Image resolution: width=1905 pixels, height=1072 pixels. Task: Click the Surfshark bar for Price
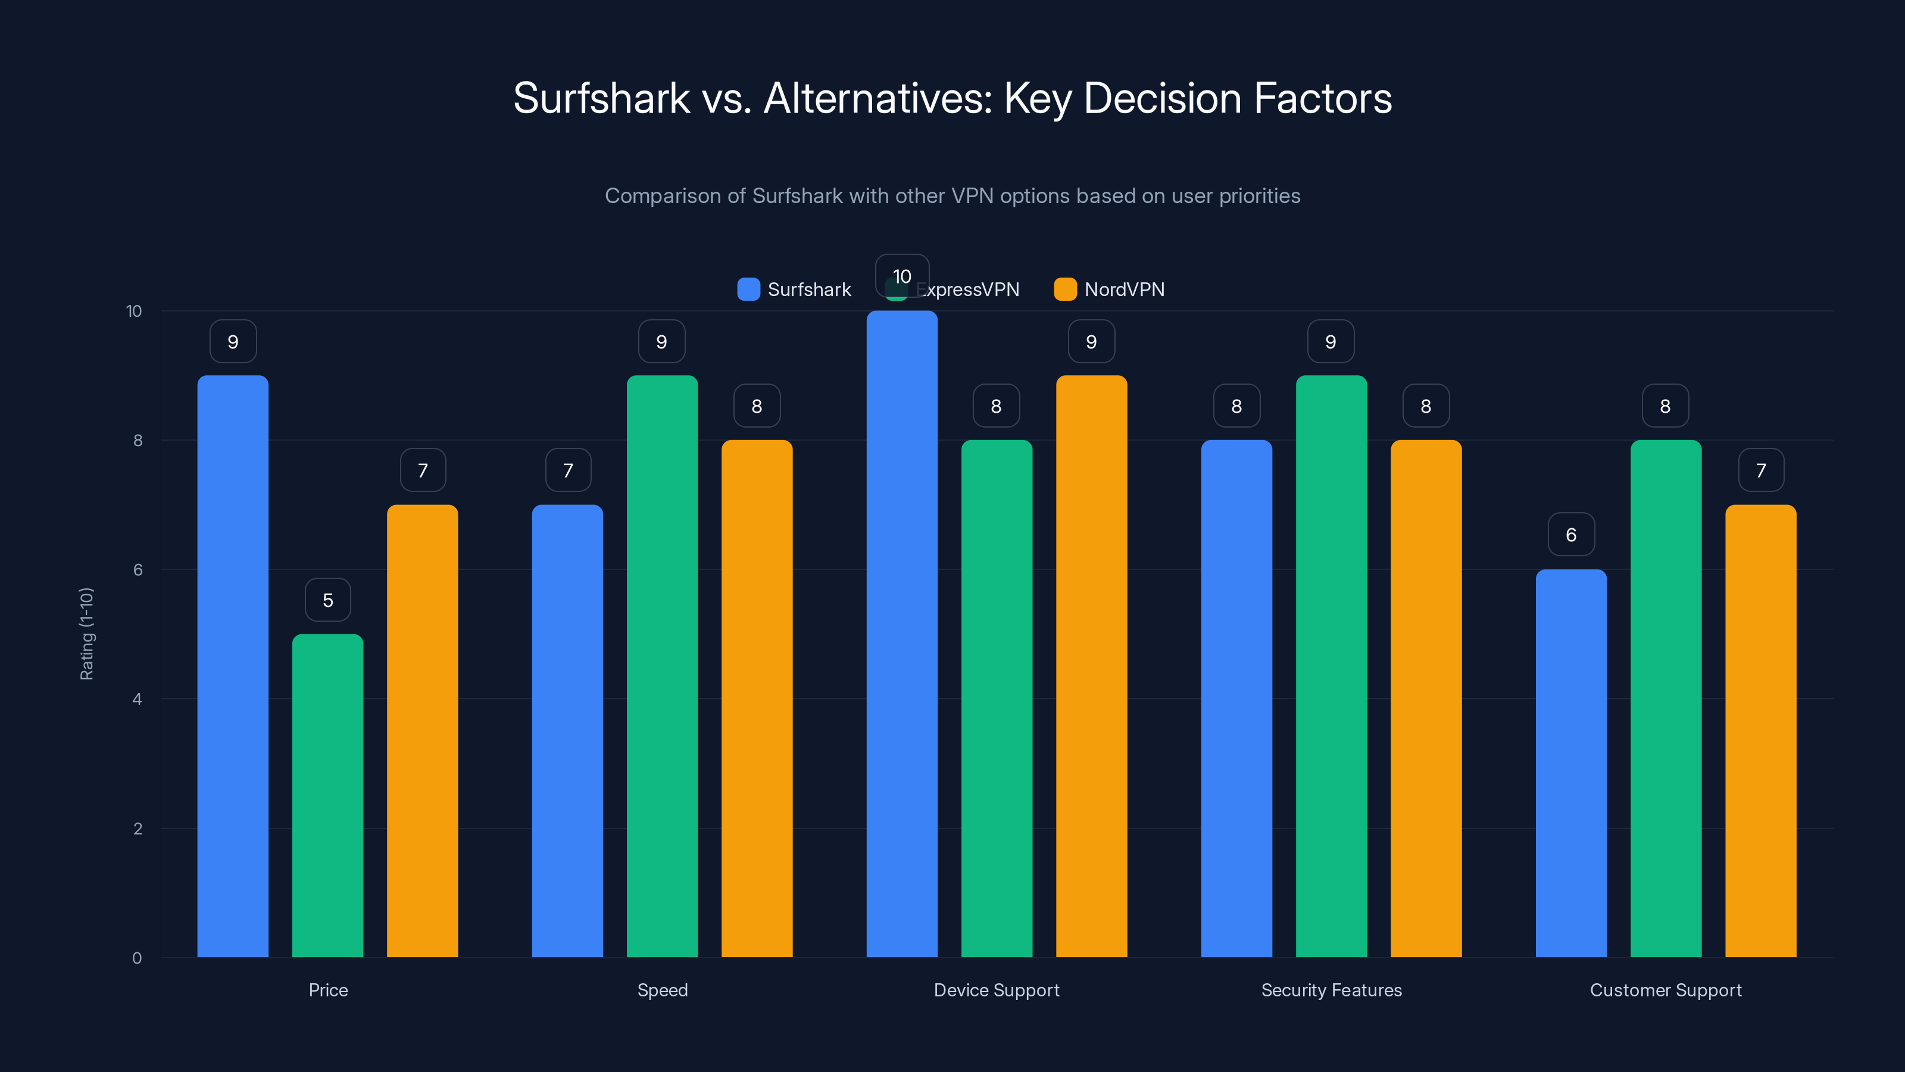(x=233, y=666)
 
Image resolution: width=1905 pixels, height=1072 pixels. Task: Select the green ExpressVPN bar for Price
(x=327, y=795)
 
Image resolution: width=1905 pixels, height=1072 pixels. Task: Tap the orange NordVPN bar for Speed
(x=757, y=699)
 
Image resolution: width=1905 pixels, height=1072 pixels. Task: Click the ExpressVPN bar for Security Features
(x=1331, y=666)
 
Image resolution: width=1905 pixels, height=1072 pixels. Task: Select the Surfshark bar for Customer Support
(x=1571, y=763)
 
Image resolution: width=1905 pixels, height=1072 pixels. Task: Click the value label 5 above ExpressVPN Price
(x=327, y=600)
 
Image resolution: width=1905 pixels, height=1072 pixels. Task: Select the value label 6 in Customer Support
(x=1571, y=535)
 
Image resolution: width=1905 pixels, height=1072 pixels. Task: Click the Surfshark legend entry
(x=794, y=289)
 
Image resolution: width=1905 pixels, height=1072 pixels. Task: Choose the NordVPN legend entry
(x=1109, y=289)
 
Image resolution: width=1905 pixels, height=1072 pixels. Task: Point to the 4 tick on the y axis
(x=138, y=699)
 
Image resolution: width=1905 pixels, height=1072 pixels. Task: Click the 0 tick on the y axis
(x=138, y=958)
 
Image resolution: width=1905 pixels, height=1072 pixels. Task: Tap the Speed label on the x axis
(x=663, y=990)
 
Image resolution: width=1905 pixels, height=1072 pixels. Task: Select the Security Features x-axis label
(x=1331, y=990)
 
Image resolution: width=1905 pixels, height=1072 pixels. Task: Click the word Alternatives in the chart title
(x=877, y=98)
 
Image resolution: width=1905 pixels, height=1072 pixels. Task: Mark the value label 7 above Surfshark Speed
(x=568, y=470)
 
